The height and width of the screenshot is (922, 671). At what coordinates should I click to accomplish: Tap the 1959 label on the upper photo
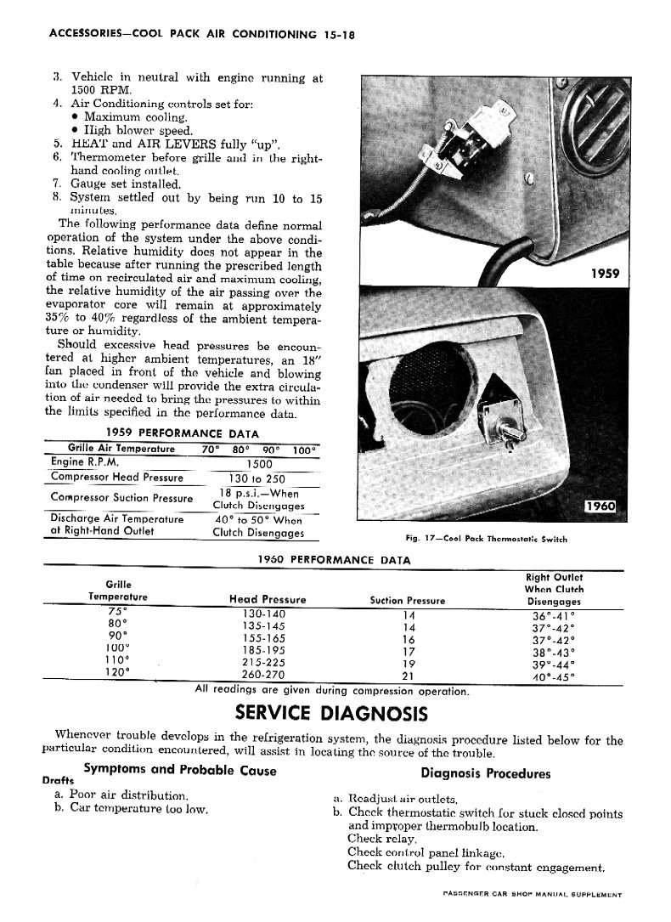point(604,274)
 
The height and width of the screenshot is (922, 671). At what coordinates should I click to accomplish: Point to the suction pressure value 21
point(408,676)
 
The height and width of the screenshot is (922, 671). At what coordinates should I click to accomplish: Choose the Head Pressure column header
point(268,600)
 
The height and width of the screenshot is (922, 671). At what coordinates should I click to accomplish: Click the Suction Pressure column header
point(408,600)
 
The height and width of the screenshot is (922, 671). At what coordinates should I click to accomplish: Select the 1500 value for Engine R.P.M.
point(259,464)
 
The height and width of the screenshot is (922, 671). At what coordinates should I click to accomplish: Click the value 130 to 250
point(259,478)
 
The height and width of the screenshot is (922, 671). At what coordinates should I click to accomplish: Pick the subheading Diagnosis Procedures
point(485,773)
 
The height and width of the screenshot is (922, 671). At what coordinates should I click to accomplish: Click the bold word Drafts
point(57,780)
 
